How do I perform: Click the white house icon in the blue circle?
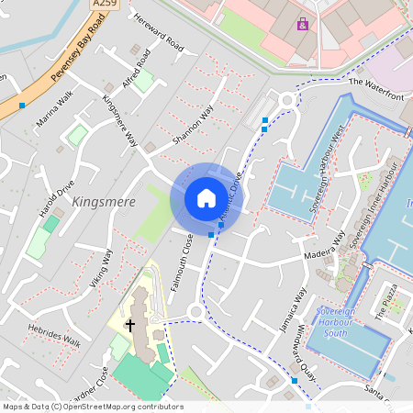point(206,197)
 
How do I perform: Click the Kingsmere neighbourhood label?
point(103,202)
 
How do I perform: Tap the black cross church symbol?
point(130,324)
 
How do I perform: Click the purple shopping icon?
point(303,25)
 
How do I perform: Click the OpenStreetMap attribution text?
point(93,407)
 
